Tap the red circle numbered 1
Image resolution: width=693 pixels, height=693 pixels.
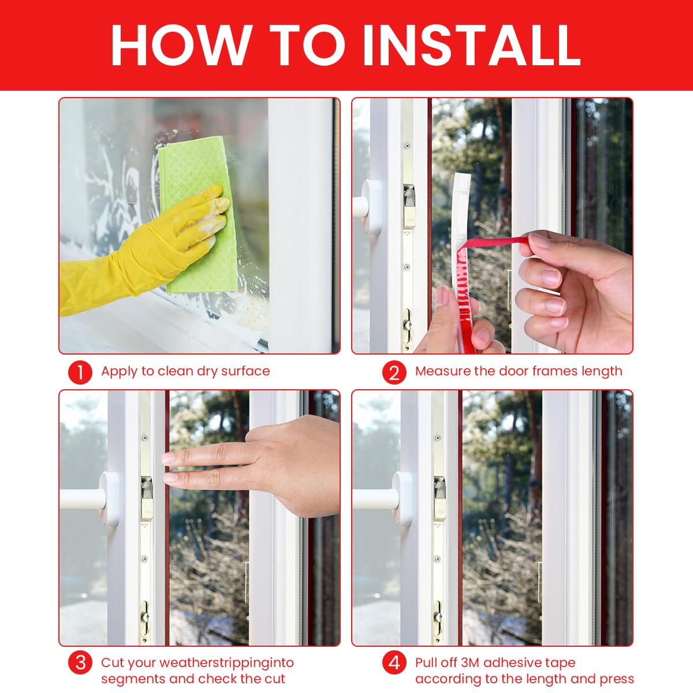coord(80,372)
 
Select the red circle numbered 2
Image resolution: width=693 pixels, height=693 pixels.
coord(394,372)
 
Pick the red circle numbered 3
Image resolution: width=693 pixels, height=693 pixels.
coord(80,662)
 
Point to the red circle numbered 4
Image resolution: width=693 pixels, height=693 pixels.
coord(394,662)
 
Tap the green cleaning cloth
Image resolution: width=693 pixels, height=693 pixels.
coord(196,173)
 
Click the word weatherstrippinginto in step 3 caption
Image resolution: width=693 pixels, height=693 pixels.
coord(226,663)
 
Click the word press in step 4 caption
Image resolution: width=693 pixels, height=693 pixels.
coord(617,679)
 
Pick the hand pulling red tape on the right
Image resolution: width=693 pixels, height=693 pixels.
coord(577,289)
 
